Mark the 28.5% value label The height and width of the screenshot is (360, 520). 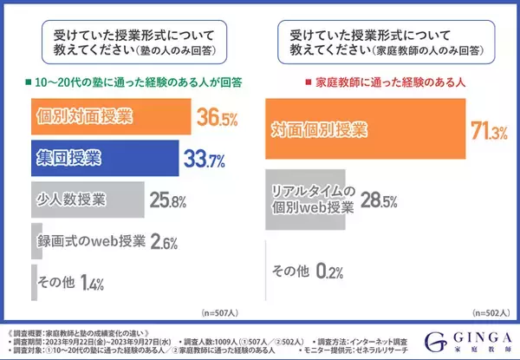[x=378, y=201]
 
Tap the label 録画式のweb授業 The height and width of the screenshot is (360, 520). [x=87, y=240]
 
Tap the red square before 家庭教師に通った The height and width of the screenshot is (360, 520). [x=281, y=82]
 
